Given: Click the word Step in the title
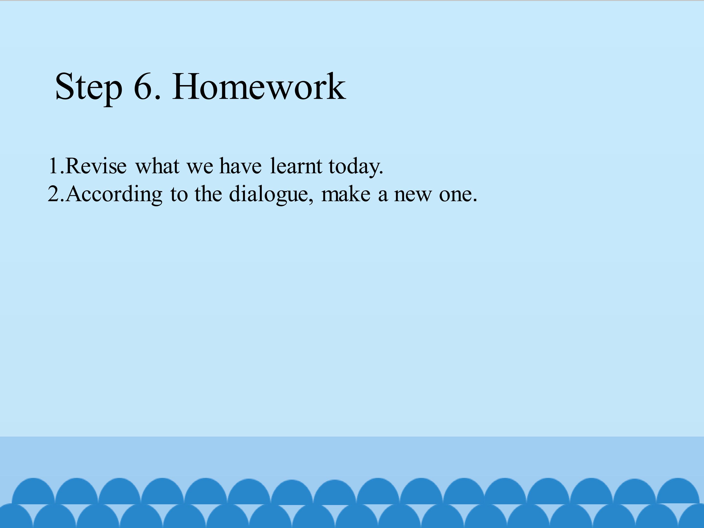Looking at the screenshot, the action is [89, 88].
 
